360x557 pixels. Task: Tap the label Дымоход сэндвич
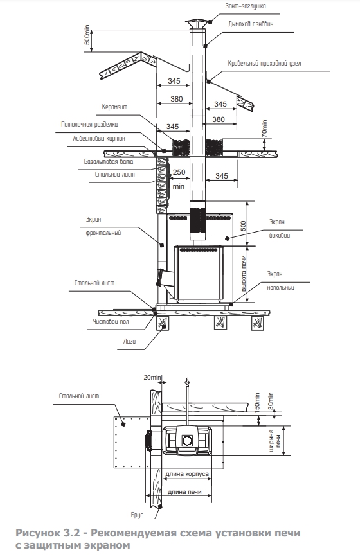[x=251, y=24]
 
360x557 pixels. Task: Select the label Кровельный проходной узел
[x=264, y=63]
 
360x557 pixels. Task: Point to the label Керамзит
[x=114, y=107]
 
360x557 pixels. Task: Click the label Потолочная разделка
[x=89, y=125]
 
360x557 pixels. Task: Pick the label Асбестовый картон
[x=99, y=139]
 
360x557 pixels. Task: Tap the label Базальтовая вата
[x=109, y=161]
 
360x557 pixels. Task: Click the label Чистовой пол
[x=111, y=321]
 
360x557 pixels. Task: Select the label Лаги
[x=129, y=341]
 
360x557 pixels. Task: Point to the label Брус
[x=137, y=515]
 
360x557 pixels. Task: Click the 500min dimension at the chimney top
[x=87, y=35]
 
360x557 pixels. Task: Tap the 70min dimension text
[x=264, y=128]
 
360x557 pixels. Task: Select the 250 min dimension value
[x=179, y=179]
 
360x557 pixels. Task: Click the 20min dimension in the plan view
[x=153, y=377]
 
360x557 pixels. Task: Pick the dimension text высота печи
[x=244, y=274]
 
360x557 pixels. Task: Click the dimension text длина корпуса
[x=187, y=474]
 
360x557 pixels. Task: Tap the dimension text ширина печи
[x=274, y=441]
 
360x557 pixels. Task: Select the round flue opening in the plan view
[x=187, y=441]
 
